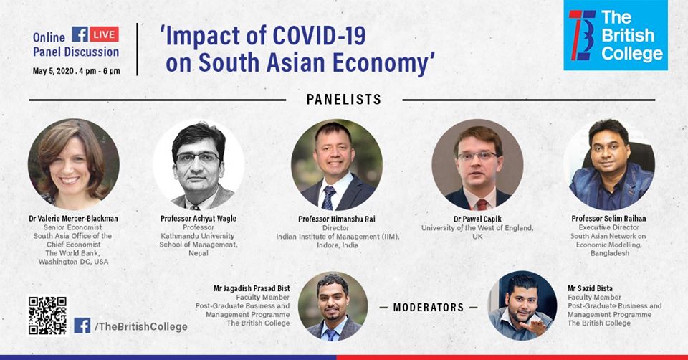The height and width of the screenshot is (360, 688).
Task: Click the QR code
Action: [47, 316]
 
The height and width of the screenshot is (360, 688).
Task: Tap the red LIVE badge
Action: [104, 34]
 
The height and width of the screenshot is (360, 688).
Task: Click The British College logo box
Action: [616, 36]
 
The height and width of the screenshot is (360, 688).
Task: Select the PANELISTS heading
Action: [344, 100]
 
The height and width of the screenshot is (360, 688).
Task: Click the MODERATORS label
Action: [429, 307]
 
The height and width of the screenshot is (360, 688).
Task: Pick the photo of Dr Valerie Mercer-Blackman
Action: [74, 164]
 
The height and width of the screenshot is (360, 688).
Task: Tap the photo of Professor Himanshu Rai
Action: [336, 164]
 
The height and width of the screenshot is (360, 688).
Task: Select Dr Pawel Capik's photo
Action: [477, 164]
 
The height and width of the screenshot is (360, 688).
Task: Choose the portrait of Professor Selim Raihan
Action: [608, 164]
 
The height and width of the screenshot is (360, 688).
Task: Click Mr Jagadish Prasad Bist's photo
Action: [333, 305]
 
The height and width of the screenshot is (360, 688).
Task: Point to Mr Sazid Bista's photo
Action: [522, 305]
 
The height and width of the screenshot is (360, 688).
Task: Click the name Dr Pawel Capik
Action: [477, 218]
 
